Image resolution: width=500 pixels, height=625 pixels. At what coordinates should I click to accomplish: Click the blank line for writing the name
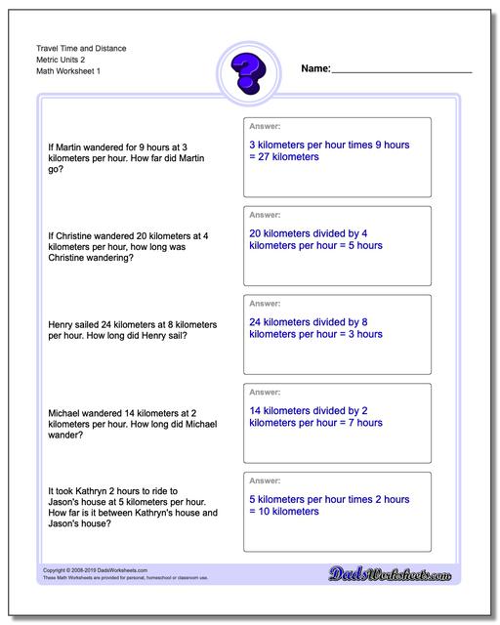(x=401, y=71)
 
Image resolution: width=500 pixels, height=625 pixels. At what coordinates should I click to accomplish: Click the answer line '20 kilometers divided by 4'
(x=309, y=234)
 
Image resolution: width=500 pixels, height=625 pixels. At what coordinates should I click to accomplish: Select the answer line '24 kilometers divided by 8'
(x=309, y=322)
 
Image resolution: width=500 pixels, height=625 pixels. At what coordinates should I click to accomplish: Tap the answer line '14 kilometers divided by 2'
(x=309, y=411)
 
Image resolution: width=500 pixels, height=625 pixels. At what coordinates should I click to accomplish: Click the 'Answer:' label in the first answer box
(x=265, y=126)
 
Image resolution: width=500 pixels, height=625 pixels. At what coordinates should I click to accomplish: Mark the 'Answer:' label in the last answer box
(x=265, y=480)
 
